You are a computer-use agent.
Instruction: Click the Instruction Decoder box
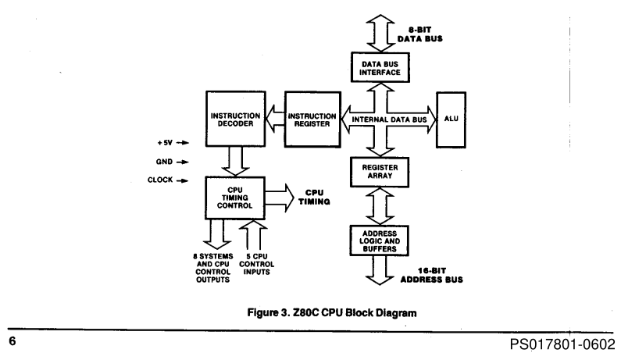click(236, 119)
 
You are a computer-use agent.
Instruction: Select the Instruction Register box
click(312, 119)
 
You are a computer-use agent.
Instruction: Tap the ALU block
click(451, 120)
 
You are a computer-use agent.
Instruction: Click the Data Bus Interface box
click(380, 68)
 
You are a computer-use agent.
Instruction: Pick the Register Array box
click(380, 172)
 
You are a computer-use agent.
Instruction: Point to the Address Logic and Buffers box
click(380, 241)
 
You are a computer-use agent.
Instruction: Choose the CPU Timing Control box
click(235, 198)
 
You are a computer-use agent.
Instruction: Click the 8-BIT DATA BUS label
click(419, 34)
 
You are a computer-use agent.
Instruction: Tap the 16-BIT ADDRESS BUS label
click(432, 275)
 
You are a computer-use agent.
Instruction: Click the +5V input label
click(165, 143)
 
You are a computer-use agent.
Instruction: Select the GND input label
click(164, 162)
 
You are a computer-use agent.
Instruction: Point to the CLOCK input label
click(160, 180)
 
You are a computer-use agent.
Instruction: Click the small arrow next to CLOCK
click(182, 180)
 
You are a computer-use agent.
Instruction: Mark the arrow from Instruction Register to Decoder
click(275, 118)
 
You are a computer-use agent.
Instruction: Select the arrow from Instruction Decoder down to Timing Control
click(235, 162)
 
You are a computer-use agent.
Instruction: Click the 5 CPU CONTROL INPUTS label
click(257, 264)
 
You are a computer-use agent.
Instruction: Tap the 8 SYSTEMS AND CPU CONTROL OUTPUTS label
click(213, 268)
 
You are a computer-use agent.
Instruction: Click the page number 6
click(12, 341)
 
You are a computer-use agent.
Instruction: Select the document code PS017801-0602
click(562, 344)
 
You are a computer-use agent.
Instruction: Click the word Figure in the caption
click(262, 313)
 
